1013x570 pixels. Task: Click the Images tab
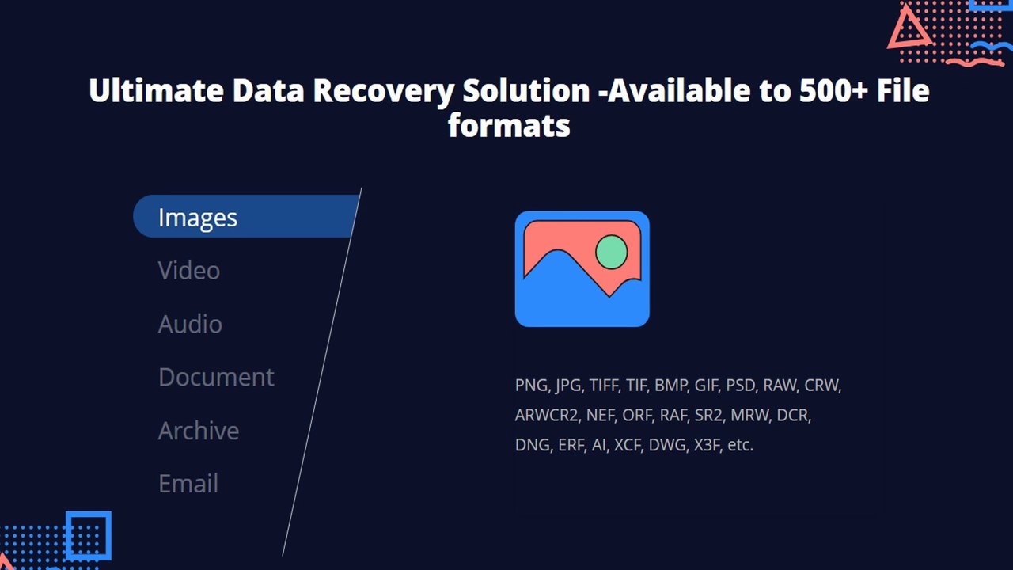point(198,217)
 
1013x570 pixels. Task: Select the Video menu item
point(189,271)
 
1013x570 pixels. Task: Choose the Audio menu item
point(190,324)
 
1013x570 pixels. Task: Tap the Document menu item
point(216,377)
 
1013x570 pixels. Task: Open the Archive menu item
point(199,431)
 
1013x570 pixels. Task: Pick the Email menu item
point(188,484)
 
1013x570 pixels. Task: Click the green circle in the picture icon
point(611,253)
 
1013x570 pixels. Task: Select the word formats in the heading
point(509,125)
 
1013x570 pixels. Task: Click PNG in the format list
point(531,386)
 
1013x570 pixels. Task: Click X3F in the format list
point(707,445)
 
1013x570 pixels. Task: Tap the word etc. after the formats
point(741,445)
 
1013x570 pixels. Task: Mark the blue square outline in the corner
point(88,536)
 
